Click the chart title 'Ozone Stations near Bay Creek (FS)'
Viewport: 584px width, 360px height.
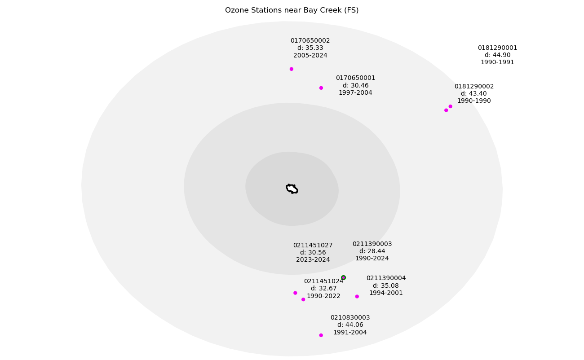292,10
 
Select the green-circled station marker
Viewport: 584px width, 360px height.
343,277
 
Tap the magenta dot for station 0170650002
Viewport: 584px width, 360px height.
291,69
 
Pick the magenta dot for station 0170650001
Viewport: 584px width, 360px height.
321,88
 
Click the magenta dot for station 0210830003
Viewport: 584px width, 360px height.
321,335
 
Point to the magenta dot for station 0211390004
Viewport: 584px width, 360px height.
357,296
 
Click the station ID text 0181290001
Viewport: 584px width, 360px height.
497,48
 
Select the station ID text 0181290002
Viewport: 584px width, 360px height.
474,86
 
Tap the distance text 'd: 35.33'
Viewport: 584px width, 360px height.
310,48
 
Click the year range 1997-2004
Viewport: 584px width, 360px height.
355,92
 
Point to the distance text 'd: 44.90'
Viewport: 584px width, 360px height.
497,55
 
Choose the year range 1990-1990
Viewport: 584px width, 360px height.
474,101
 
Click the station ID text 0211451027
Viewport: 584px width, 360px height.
313,245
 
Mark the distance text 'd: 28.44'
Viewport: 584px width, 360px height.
372,251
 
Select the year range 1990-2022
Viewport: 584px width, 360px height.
323,296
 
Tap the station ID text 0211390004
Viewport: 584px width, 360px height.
386,278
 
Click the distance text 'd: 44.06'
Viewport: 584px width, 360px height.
350,325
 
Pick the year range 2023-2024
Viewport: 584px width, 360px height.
313,259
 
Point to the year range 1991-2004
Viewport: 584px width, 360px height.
350,332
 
